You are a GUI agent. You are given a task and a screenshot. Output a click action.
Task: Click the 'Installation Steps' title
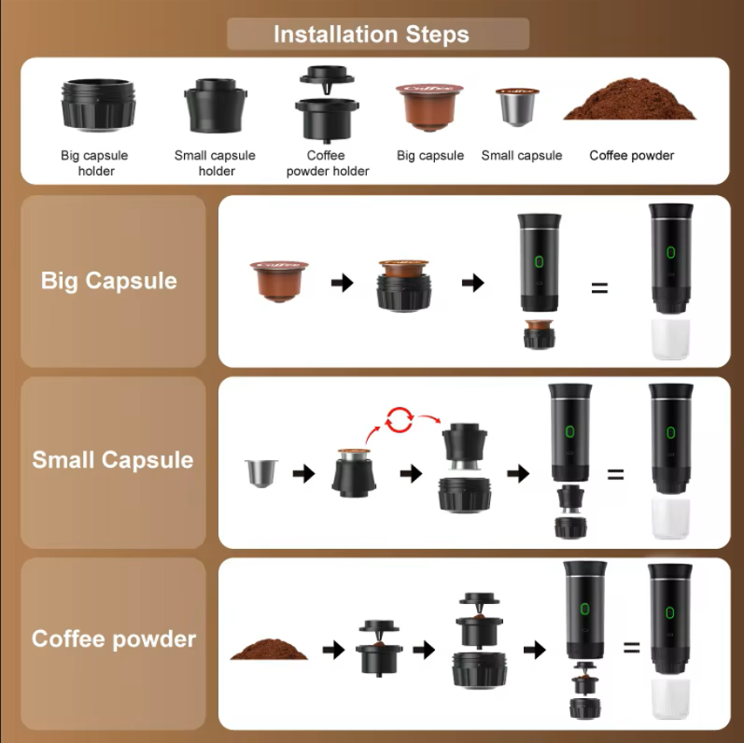click(x=371, y=35)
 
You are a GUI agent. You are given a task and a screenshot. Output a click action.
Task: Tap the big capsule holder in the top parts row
click(x=98, y=105)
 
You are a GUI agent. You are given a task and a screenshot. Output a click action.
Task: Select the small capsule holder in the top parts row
click(x=216, y=105)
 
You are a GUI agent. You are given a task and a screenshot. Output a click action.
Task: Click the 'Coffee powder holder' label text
click(x=328, y=162)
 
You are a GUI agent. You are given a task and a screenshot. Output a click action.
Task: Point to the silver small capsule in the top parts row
click(x=517, y=106)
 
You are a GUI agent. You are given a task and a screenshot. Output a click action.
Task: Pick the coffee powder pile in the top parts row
click(x=630, y=99)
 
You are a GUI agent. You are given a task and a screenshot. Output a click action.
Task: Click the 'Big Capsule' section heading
click(x=108, y=281)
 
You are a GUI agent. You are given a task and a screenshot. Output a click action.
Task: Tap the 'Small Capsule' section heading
click(x=112, y=460)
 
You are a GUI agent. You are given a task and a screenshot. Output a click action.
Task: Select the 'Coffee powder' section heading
click(x=114, y=638)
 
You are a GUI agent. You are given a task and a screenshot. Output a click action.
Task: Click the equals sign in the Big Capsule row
click(x=599, y=287)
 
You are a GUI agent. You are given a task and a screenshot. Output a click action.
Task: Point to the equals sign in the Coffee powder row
click(x=632, y=647)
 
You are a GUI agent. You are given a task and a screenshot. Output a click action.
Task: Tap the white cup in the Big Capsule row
click(x=670, y=339)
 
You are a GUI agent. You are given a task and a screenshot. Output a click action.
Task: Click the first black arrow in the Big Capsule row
click(x=342, y=283)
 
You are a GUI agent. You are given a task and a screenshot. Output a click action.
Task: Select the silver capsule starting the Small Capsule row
click(x=261, y=473)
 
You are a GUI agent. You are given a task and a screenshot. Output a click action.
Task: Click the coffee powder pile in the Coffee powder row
click(x=269, y=649)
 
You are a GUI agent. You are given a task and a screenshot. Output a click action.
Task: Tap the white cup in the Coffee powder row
click(x=670, y=699)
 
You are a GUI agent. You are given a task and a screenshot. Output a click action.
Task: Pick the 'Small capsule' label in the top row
click(x=522, y=156)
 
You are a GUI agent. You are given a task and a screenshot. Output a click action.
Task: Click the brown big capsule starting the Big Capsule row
click(x=279, y=281)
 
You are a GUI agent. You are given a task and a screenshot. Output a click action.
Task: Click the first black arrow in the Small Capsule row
click(x=304, y=473)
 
